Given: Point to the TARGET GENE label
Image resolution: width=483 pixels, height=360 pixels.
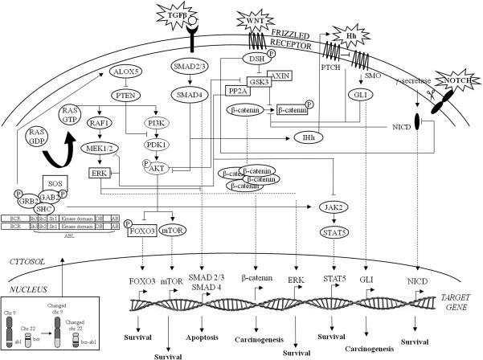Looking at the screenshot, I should click(461, 300).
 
